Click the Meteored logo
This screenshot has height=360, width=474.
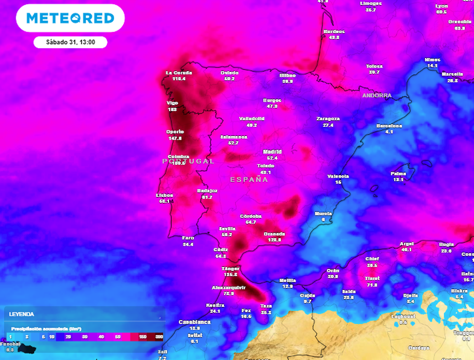coord(71,18)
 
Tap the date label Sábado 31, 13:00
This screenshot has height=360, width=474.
coord(69,42)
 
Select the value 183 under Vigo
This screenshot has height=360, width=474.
coord(172,109)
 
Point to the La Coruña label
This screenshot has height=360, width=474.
coord(178,72)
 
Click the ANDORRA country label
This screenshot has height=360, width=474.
coord(376,95)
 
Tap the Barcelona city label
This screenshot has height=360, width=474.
coord(389,126)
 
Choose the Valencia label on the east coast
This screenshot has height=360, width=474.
coord(338,176)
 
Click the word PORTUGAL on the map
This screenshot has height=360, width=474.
coord(188,161)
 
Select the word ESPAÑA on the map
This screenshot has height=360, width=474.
coord(249,179)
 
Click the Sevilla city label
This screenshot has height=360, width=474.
coord(227,228)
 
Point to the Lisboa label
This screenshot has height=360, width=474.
coord(164,195)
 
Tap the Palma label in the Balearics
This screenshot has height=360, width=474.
coord(398,173)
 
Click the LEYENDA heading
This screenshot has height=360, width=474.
coord(21,314)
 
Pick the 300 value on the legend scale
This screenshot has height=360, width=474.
coord(159,336)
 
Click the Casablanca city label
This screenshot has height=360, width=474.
coord(194,322)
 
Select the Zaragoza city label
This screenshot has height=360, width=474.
coord(328,118)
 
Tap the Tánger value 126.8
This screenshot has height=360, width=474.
coord(230,274)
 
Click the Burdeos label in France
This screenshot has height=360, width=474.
coord(334,31)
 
